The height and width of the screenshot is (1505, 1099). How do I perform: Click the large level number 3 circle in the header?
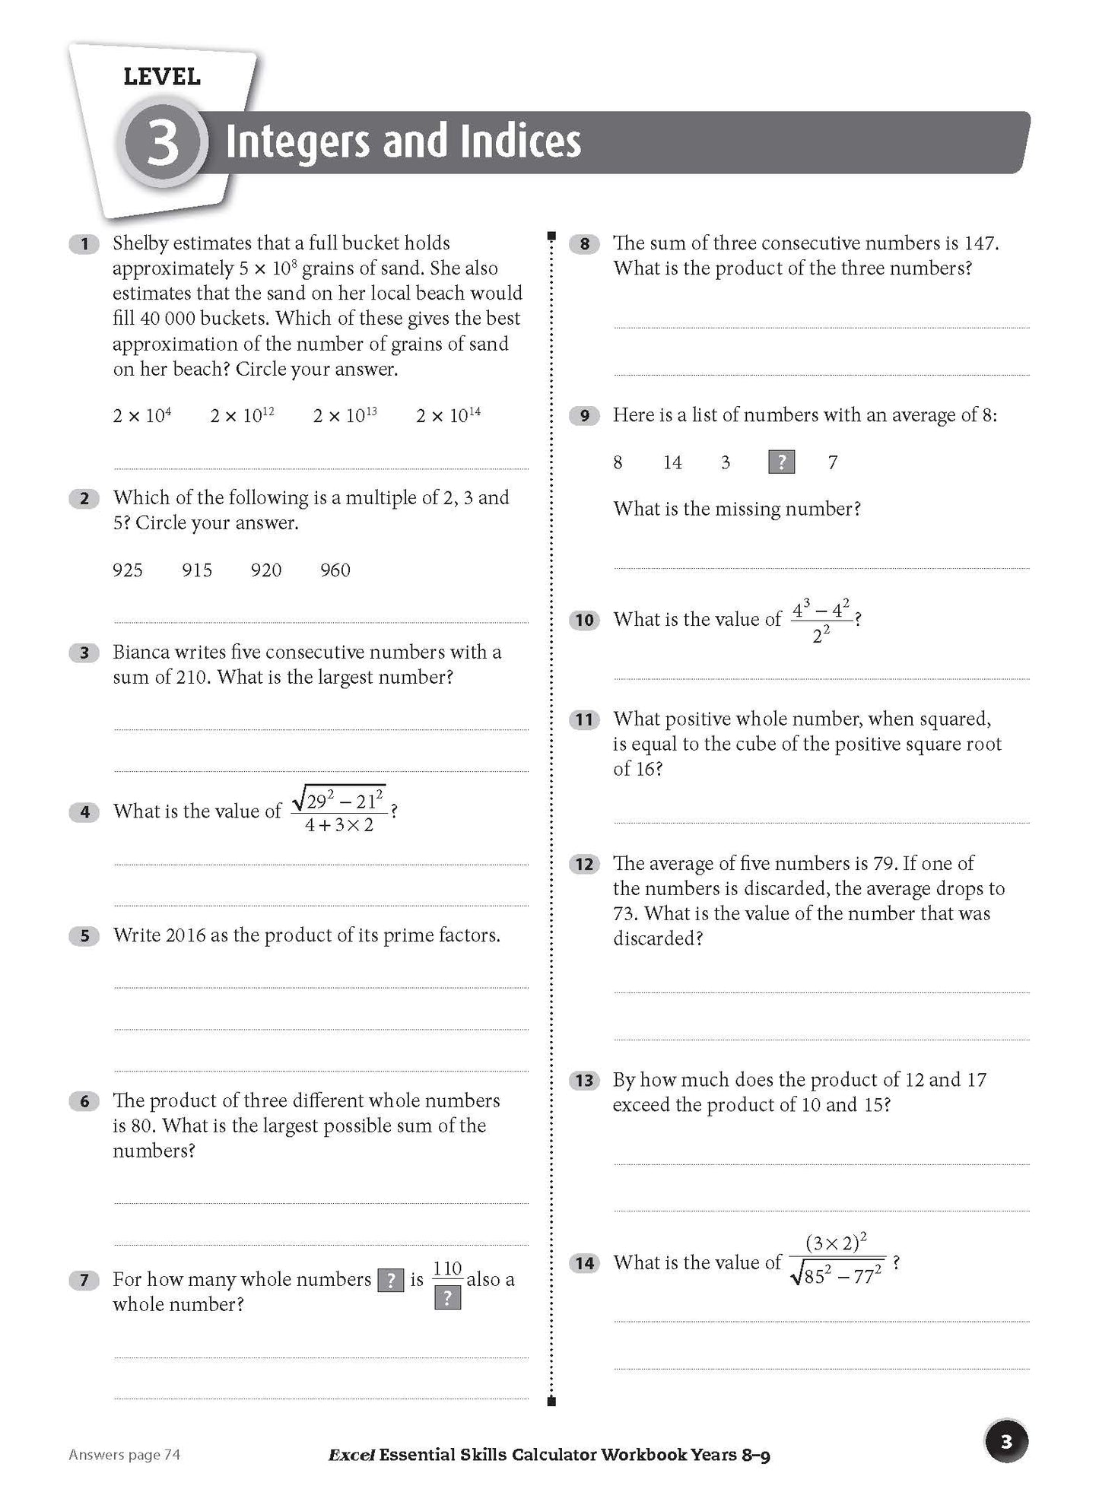click(x=162, y=143)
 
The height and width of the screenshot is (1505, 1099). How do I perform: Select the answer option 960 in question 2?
click(x=335, y=570)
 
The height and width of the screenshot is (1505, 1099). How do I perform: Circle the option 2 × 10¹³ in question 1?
click(x=345, y=415)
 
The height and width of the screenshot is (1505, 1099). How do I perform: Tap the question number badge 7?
click(x=84, y=1281)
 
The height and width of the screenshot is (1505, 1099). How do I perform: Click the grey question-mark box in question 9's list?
click(x=781, y=462)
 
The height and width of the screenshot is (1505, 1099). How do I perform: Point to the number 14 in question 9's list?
click(x=672, y=462)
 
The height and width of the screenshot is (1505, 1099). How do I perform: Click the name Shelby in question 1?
click(x=141, y=243)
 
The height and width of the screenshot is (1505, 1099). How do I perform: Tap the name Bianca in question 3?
click(x=141, y=652)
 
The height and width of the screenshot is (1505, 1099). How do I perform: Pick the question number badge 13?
click(x=584, y=1081)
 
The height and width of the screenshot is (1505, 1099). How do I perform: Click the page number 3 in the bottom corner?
click(x=1006, y=1442)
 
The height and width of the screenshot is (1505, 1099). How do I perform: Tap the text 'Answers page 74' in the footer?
click(x=124, y=1455)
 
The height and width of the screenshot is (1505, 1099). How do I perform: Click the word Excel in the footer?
click(x=351, y=1455)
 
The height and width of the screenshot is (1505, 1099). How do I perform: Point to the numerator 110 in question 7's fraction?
click(x=447, y=1268)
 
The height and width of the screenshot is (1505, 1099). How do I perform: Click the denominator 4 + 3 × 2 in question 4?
click(x=339, y=825)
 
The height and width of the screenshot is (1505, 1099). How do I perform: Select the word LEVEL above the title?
click(x=161, y=77)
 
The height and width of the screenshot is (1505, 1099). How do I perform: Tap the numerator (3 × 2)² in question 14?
click(x=836, y=1243)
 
